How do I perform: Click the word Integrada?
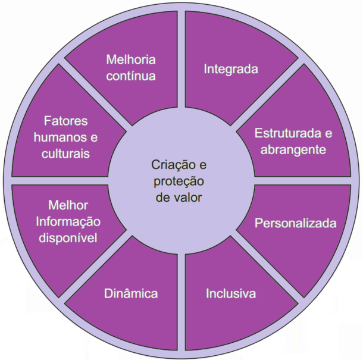coord(231,69)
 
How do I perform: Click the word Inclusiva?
coord(231,294)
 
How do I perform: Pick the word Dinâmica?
coord(131,294)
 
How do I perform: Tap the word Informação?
coord(68,221)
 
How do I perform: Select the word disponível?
coord(68,238)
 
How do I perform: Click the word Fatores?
coord(65,121)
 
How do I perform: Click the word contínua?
coord(131,76)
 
